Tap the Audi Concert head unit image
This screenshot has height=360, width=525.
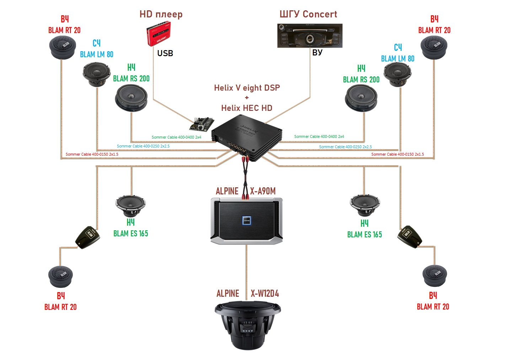310,36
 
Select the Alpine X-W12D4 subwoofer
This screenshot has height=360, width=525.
248,325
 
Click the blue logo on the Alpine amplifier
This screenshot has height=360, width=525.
246,220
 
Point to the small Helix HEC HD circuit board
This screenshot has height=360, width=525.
202,123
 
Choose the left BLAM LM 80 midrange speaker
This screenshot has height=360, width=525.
97,74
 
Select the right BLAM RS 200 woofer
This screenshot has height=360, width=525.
361,98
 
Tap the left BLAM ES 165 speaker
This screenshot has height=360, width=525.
130,206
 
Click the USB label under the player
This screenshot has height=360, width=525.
165,53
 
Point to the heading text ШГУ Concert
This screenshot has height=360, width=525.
308,14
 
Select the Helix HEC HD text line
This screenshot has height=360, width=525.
247,108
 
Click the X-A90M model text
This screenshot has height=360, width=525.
263,191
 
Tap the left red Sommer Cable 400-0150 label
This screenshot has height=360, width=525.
92,155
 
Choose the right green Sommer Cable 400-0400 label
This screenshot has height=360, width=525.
319,136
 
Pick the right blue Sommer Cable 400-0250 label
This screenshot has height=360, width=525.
345,147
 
